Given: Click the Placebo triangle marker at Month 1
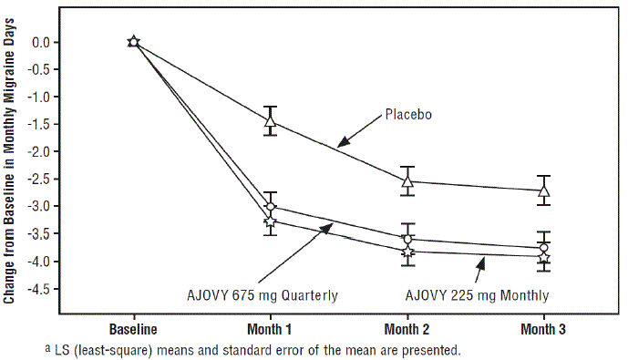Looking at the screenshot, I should (x=271, y=120).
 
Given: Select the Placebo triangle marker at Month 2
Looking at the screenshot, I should (x=407, y=180).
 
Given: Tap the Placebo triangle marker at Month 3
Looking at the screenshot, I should (x=544, y=190).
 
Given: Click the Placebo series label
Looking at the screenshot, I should (x=407, y=115).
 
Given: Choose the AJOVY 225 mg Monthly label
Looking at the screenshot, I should (x=477, y=294).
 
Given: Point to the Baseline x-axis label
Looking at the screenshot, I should (x=134, y=328).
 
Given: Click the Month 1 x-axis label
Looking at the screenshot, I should (x=271, y=328).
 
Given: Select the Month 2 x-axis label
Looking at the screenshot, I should (x=407, y=328).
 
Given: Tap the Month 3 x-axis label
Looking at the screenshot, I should (x=544, y=328).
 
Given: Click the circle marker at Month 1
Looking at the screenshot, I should (x=271, y=207).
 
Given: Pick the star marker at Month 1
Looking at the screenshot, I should (x=271, y=221).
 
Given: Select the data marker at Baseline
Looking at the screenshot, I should (x=134, y=42).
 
